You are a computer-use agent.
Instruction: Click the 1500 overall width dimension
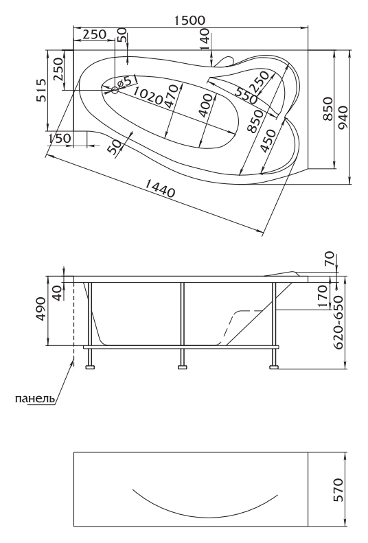tap(189, 21)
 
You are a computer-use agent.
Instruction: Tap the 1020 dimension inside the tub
tap(148, 96)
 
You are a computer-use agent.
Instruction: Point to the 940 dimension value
tap(343, 117)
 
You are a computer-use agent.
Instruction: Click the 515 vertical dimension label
tap(41, 91)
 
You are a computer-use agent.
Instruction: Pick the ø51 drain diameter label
tap(128, 81)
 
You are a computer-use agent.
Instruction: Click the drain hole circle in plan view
tap(115, 91)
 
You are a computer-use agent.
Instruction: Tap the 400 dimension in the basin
tap(207, 106)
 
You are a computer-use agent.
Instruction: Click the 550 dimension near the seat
tap(246, 95)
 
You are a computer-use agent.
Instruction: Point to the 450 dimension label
tap(268, 141)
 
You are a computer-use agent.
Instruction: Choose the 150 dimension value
tap(60, 138)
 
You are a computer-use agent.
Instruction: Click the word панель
tap(35, 399)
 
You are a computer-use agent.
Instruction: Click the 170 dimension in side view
tap(322, 297)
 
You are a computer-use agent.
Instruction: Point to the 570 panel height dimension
tap(338, 489)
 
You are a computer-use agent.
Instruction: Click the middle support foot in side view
tap(182, 367)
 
